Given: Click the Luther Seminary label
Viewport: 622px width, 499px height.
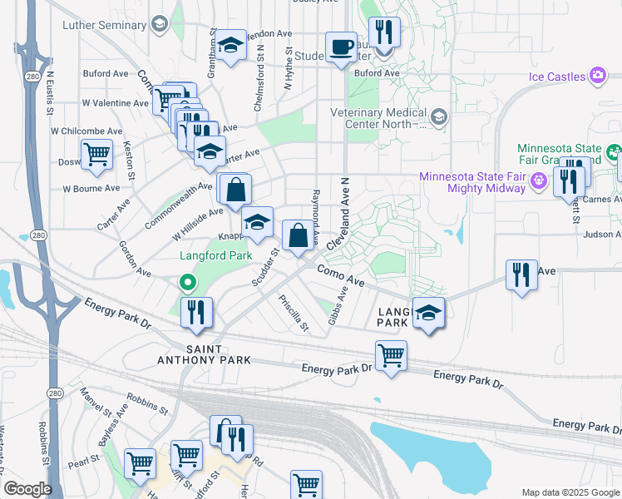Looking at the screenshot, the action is pyautogui.click(x=104, y=25).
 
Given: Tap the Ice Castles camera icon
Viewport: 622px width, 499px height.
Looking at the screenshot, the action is pyautogui.click(x=597, y=77).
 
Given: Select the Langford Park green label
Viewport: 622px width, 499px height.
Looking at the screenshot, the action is pyautogui.click(x=216, y=256).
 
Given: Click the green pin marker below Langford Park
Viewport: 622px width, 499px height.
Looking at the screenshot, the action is pyautogui.click(x=189, y=284).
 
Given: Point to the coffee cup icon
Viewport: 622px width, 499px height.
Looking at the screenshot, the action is pyautogui.click(x=340, y=47).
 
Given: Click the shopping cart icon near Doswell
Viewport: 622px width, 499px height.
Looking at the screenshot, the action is pyautogui.click(x=97, y=155).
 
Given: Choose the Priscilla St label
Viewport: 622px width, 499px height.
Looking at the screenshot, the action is pyautogui.click(x=294, y=314).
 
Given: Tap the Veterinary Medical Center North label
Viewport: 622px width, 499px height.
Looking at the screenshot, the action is pyautogui.click(x=378, y=118).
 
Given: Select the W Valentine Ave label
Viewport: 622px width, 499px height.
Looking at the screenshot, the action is pyautogui.click(x=115, y=103).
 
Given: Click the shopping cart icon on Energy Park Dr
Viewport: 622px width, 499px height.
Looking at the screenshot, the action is pyautogui.click(x=391, y=355).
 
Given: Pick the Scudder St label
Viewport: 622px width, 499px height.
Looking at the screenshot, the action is pyautogui.click(x=264, y=267).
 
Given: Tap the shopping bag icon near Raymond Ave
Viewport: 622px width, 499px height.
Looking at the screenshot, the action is pyautogui.click(x=298, y=235).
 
